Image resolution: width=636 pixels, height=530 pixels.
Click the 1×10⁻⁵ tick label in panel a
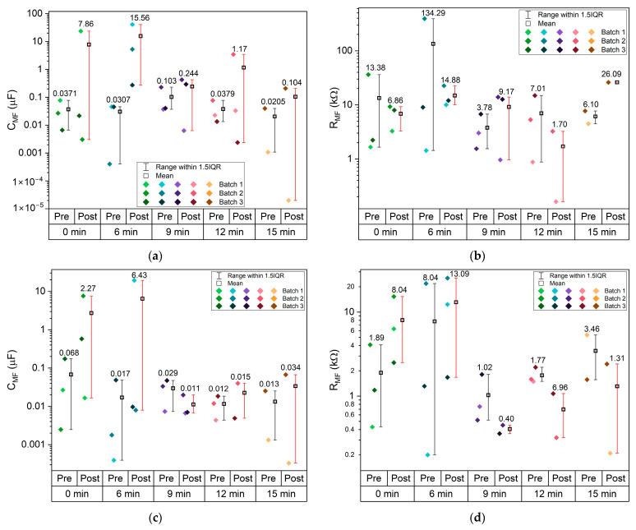coord(30,208)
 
